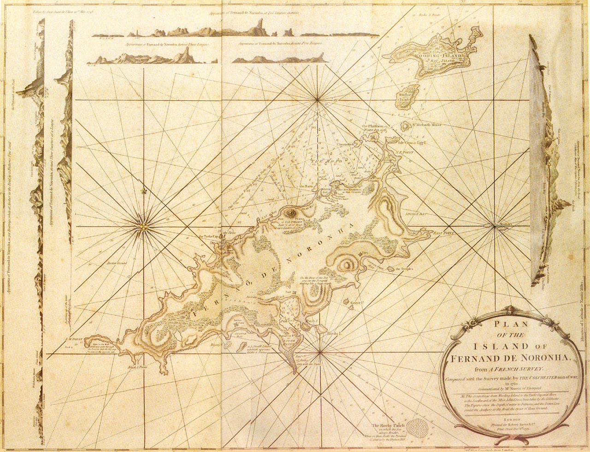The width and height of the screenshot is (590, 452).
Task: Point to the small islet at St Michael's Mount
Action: (405, 125)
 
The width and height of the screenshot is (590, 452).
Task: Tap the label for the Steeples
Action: (404, 268)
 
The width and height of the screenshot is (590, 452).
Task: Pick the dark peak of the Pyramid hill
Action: (291, 213)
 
